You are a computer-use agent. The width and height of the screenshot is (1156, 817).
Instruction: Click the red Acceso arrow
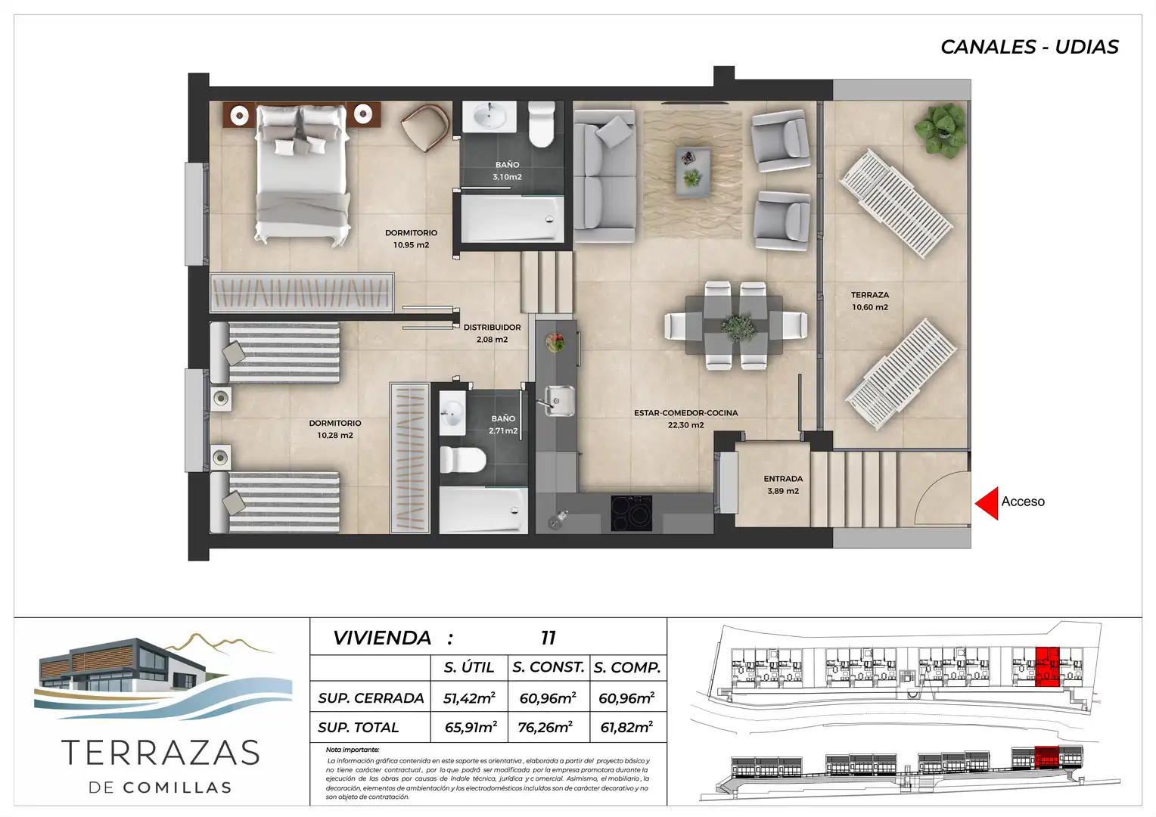click(x=987, y=503)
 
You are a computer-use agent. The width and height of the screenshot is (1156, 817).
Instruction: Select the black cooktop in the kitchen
click(x=631, y=513)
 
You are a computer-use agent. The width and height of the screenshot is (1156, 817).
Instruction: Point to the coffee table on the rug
click(x=693, y=171)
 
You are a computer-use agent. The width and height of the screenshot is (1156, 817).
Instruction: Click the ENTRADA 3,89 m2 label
click(x=783, y=485)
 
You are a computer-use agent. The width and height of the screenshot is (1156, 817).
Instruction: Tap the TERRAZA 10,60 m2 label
click(x=870, y=301)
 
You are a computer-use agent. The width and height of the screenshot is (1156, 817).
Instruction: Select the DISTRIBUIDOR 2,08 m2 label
click(x=492, y=334)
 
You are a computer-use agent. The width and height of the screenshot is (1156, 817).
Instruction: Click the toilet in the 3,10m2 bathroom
click(x=542, y=124)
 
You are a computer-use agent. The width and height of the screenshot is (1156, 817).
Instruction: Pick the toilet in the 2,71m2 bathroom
click(x=463, y=459)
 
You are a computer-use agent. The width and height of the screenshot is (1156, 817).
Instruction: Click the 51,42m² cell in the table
click(x=469, y=697)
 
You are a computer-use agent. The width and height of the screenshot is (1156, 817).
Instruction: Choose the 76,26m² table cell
click(x=545, y=727)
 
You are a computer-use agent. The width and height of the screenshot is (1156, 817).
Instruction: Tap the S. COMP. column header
click(x=627, y=667)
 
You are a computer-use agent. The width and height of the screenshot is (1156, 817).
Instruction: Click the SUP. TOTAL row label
click(x=358, y=727)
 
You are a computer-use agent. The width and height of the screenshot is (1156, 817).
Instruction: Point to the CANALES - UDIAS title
click(x=1029, y=47)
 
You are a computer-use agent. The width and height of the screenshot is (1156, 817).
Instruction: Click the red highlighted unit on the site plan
click(x=1047, y=666)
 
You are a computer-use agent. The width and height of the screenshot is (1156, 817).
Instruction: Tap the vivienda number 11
click(x=548, y=638)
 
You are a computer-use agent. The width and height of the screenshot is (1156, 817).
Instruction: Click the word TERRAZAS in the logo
click(x=160, y=753)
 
